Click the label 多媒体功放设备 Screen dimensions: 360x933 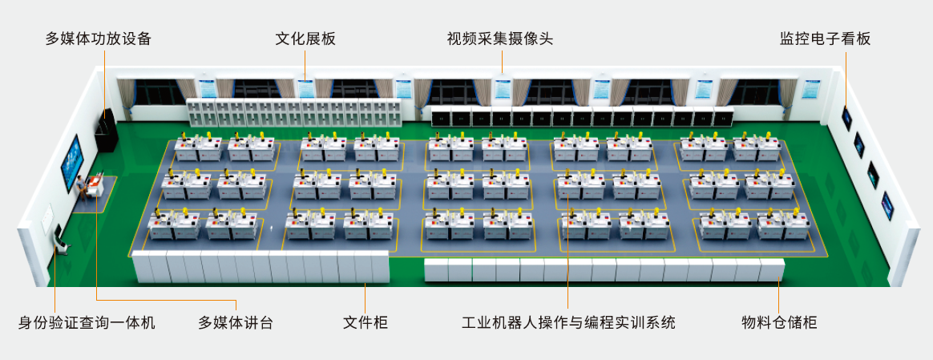98,38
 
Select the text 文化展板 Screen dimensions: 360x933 305,38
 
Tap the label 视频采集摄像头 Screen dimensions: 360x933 500,38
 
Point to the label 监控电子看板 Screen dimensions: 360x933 825,38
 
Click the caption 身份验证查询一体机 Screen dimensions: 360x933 87,323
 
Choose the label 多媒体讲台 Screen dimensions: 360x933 236,323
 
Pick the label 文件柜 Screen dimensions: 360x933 366,323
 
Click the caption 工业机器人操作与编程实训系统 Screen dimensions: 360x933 568,323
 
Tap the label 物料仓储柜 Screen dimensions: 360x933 779,323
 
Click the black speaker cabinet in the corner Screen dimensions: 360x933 107,132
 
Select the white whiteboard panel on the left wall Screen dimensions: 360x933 46,217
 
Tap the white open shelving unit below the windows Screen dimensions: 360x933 293,112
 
